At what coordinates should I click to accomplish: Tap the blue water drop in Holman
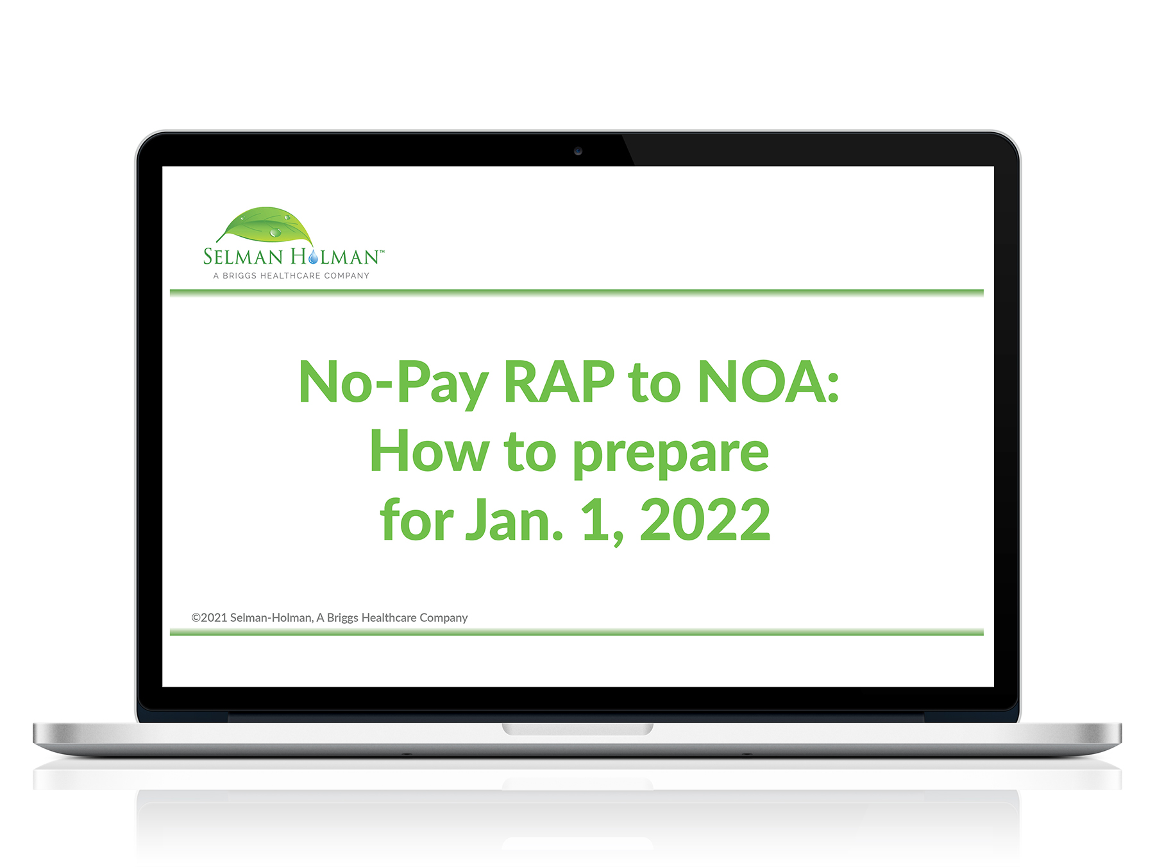(x=313, y=257)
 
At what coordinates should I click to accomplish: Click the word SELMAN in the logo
(x=243, y=257)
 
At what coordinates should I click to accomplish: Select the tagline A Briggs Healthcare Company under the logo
(x=291, y=276)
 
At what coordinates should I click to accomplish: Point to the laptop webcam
(x=578, y=151)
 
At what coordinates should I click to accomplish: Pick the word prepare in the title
(x=670, y=455)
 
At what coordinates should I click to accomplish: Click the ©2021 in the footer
(x=209, y=617)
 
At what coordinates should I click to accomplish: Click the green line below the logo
(x=577, y=293)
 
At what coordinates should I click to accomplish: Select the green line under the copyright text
(x=577, y=632)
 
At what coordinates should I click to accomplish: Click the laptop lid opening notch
(x=578, y=729)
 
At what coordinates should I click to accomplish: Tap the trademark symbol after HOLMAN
(x=382, y=252)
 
